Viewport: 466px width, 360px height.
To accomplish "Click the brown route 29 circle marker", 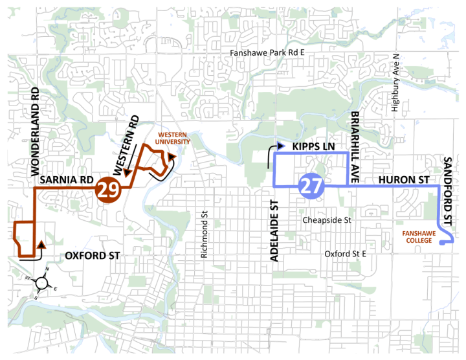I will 107,190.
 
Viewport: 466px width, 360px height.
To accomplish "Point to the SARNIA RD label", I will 63,179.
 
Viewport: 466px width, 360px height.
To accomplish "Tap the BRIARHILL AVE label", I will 355,140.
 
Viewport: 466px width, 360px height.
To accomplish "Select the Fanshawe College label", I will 414,236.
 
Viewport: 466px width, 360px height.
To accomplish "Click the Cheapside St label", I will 327,220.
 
